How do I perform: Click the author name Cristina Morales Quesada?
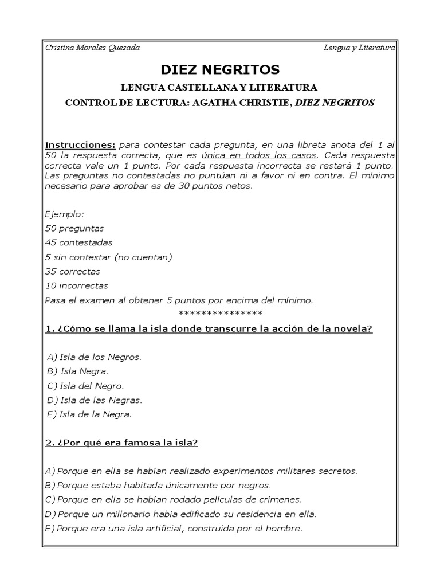[92, 48]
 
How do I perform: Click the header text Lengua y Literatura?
[359, 48]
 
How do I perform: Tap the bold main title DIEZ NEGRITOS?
[220, 70]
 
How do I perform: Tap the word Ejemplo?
[64, 214]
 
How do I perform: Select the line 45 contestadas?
[78, 242]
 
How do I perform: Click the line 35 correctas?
[72, 271]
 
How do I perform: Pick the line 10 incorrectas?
[76, 285]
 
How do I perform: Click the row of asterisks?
[221, 313]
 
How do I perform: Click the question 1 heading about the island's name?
[209, 328]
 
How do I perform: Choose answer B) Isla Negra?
[78, 371]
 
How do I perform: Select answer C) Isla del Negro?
[85, 385]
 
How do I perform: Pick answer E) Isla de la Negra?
[89, 413]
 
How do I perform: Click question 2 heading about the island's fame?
[121, 443]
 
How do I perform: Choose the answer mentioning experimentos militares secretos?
[201, 471]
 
